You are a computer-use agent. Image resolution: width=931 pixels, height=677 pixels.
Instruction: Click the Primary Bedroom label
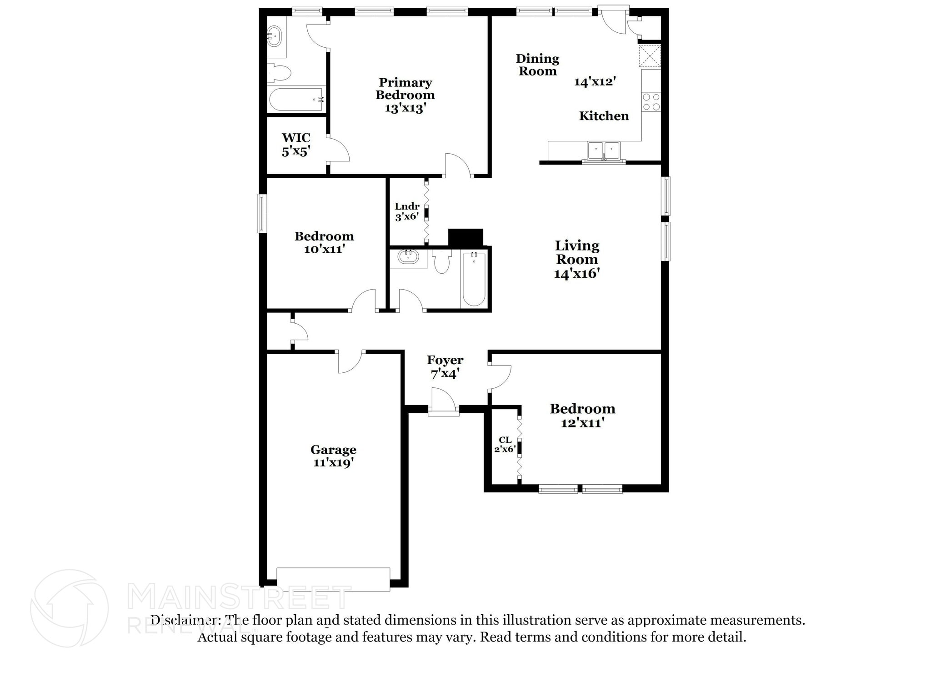[405, 95]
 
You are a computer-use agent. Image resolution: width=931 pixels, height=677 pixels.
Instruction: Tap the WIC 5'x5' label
[296, 145]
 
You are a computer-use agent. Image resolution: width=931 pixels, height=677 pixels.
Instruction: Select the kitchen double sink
[603, 150]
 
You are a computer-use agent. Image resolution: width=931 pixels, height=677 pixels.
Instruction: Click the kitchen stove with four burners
[651, 102]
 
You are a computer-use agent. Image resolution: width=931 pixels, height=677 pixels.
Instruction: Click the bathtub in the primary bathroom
[296, 100]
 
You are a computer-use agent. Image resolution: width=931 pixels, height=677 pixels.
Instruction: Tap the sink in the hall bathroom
[408, 257]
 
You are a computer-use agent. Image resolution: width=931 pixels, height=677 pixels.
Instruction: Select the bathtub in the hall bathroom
[474, 280]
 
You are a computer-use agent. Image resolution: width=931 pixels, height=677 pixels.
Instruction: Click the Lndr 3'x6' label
[407, 211]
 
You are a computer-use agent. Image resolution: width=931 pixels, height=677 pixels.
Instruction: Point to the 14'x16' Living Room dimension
[576, 274]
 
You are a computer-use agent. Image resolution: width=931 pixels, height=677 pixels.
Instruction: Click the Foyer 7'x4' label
[445, 367]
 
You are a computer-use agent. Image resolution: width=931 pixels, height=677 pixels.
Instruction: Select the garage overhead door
[333, 579]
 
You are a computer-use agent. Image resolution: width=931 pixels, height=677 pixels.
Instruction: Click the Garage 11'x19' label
[333, 456]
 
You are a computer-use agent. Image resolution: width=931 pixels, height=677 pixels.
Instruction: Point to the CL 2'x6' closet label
[505, 445]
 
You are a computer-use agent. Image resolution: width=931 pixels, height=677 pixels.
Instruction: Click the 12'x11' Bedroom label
[582, 416]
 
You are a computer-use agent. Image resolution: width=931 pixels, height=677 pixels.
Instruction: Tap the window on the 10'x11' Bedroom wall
[262, 213]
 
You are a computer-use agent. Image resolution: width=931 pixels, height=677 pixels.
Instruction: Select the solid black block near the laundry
[465, 238]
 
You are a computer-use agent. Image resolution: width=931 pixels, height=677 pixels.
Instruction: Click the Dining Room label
[537, 65]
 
